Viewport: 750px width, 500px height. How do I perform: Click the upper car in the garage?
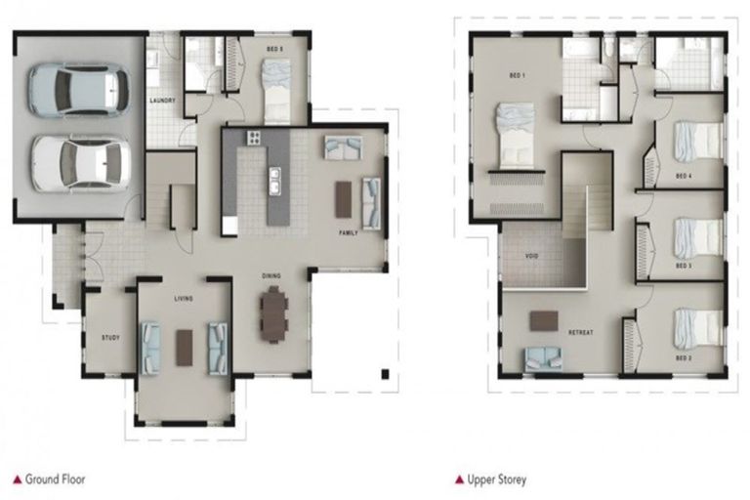tap(78, 90)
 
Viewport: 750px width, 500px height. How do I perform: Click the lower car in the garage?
tap(80, 162)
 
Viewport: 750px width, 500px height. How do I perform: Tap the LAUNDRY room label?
tap(162, 101)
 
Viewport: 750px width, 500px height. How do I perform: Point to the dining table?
tap(273, 313)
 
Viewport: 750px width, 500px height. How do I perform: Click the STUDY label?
tap(110, 338)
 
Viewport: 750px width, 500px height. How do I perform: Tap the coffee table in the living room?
tap(185, 347)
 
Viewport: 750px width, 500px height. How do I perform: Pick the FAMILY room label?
tap(349, 234)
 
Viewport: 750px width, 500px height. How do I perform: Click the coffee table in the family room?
tap(344, 199)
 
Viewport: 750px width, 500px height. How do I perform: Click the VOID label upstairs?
tap(532, 256)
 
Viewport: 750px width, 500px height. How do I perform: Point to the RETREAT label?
tap(582, 333)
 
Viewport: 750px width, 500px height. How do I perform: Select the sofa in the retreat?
tap(544, 358)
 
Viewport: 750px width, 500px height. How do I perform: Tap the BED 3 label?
tap(685, 265)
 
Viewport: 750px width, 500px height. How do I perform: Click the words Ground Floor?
tap(57, 479)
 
